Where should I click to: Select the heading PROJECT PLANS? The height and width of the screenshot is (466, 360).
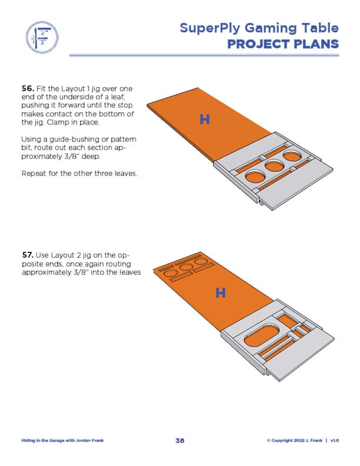[283, 44]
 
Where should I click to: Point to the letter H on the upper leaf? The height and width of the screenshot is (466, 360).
[205, 120]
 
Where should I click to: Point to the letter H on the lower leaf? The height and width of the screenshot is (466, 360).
[220, 293]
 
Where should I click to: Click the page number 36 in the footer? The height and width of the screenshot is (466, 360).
[180, 441]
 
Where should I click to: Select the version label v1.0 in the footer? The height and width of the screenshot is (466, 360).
[335, 441]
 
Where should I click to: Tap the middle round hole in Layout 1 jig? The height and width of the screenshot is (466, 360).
[274, 165]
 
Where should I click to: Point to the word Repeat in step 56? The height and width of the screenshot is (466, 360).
[33, 174]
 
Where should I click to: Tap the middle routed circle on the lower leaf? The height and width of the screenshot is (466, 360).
[185, 267]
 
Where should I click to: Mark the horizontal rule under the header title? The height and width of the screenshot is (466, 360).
[204, 55]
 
